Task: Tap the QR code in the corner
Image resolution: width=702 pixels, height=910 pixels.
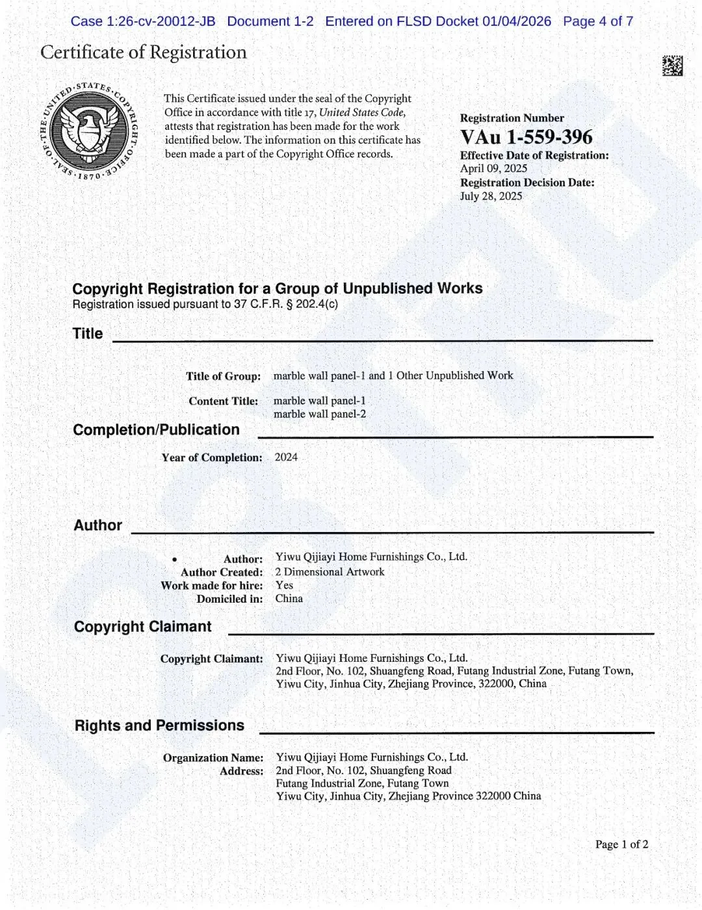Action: (x=672, y=66)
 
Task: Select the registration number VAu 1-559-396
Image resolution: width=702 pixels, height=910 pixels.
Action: (x=526, y=137)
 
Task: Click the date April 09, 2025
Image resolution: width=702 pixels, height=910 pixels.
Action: (x=493, y=168)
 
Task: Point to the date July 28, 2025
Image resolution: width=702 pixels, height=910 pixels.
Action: (x=491, y=196)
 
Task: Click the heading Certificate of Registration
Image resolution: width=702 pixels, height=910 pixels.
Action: (x=144, y=52)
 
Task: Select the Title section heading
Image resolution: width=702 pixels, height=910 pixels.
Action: (x=88, y=333)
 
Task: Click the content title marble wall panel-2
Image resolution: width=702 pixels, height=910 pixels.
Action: (x=319, y=414)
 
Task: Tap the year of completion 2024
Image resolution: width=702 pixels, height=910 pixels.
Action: (x=286, y=457)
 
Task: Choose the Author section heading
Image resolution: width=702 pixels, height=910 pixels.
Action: (x=97, y=525)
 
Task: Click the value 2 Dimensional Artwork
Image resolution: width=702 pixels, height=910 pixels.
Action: (x=330, y=572)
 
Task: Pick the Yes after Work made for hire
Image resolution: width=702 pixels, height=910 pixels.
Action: (x=284, y=585)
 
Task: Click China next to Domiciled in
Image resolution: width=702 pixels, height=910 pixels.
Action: (x=289, y=598)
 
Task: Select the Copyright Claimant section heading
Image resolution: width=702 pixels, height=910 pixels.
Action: (x=142, y=626)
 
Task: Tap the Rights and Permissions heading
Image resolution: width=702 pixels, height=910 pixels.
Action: (x=159, y=725)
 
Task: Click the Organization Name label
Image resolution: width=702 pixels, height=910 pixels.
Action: (x=213, y=757)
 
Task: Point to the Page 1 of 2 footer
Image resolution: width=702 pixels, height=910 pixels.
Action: (x=621, y=844)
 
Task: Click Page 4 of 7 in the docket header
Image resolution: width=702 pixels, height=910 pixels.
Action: (x=597, y=21)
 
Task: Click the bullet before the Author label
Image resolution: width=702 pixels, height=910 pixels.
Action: (x=174, y=559)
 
